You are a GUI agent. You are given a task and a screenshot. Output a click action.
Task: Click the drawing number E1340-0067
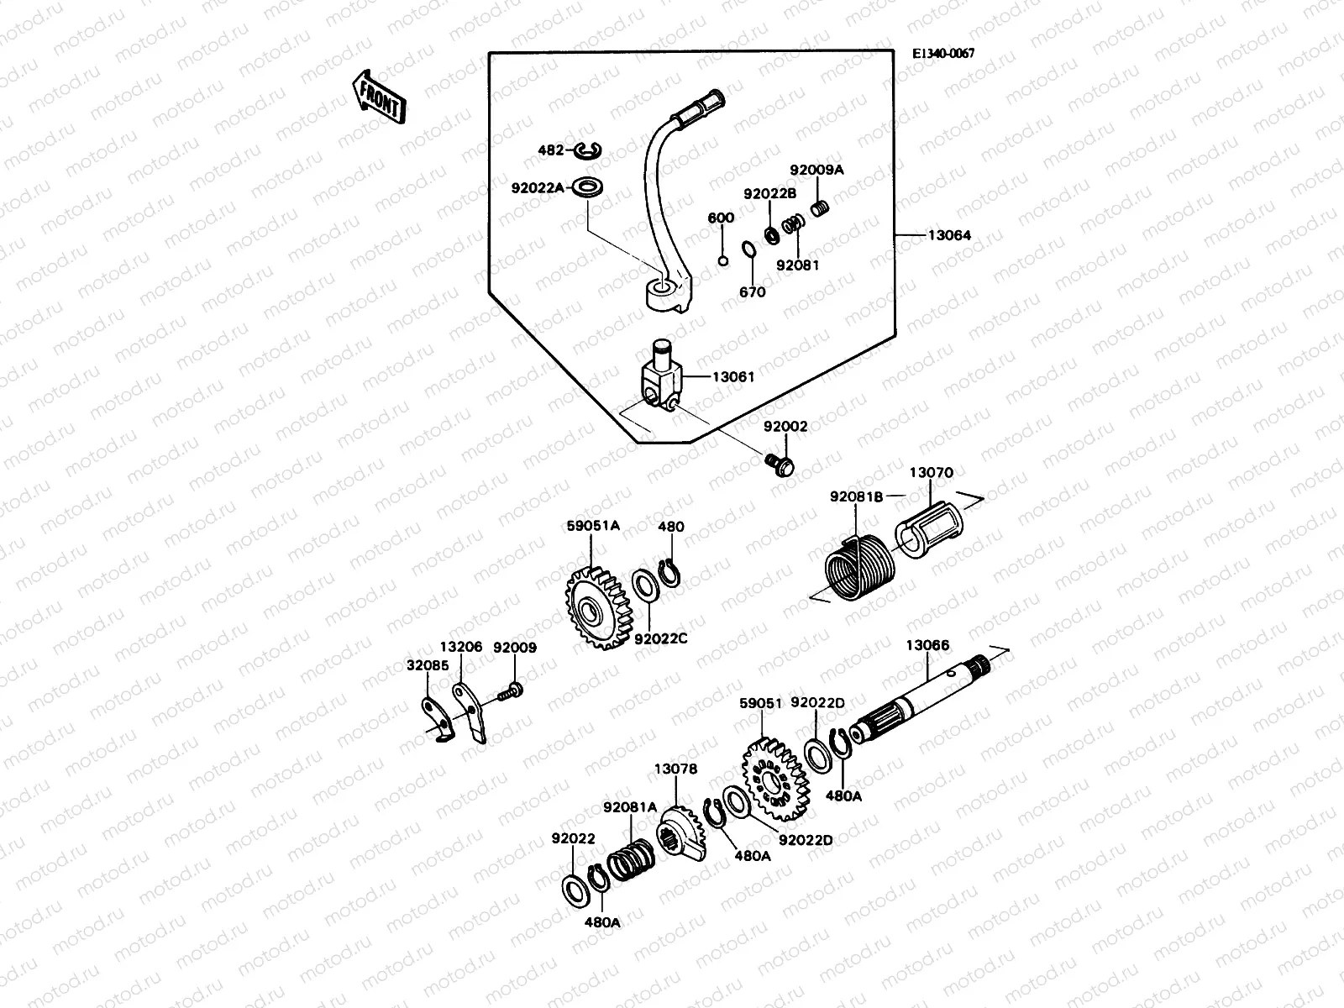tap(943, 53)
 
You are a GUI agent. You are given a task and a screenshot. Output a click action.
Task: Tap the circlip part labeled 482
tap(612, 150)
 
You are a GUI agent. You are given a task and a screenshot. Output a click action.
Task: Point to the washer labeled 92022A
tap(591, 187)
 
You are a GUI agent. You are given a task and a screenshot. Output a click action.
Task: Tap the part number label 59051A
tap(593, 526)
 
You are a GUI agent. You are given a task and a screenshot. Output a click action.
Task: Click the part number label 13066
tap(927, 645)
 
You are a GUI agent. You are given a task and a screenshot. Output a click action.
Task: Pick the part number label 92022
tap(573, 837)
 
